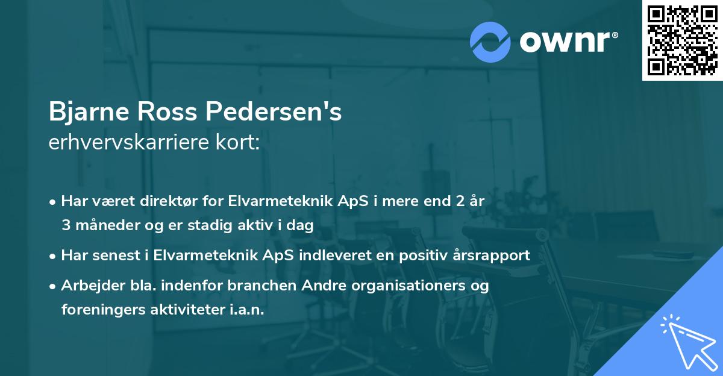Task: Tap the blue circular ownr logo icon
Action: [490, 42]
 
